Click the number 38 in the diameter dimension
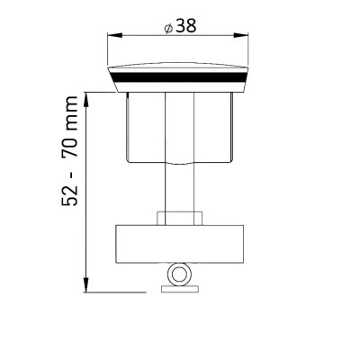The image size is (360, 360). click(x=186, y=26)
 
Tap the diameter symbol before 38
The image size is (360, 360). click(x=168, y=27)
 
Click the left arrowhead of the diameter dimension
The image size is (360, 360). click(x=112, y=36)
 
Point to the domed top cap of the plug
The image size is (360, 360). click(x=181, y=70)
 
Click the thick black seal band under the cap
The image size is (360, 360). click(x=181, y=82)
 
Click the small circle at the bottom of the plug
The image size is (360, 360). click(x=181, y=274)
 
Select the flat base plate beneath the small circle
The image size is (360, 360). click(x=181, y=288)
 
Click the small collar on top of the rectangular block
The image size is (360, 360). click(x=181, y=219)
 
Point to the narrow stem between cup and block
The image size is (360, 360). click(x=181, y=189)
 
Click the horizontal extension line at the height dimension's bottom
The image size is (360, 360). click(x=117, y=292)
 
